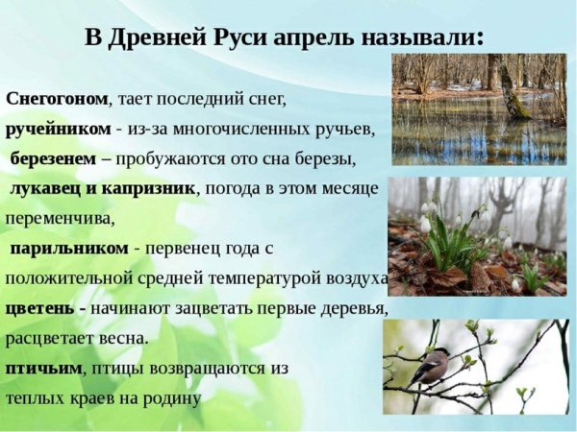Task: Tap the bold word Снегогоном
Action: click(57, 99)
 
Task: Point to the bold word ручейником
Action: click(58, 129)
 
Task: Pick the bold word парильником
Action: click(69, 248)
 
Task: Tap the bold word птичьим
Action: click(42, 368)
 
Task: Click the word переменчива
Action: click(60, 218)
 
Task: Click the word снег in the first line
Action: click(267, 99)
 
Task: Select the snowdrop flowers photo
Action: click(477, 235)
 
